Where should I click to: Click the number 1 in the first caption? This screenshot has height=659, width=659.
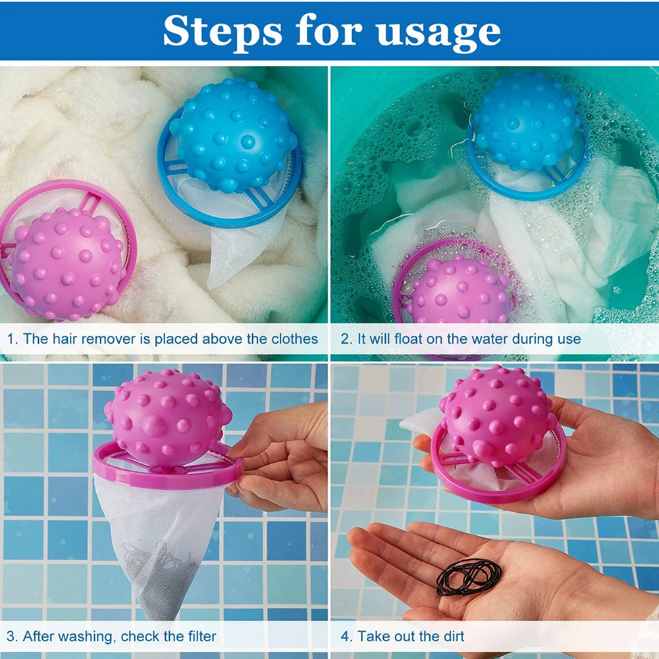(11, 340)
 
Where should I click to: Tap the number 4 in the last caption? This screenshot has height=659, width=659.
(346, 637)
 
